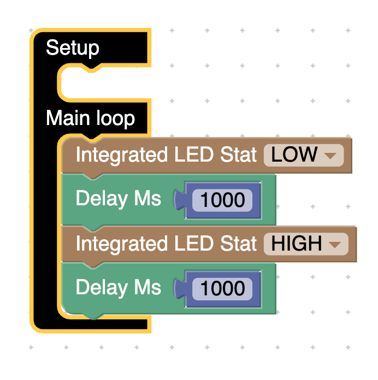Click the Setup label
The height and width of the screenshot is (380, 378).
[73, 48]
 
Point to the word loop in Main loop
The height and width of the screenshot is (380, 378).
[115, 118]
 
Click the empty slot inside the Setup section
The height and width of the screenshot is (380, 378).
[104, 85]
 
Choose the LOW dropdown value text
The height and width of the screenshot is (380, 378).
[294, 155]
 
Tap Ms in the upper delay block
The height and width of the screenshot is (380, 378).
[148, 199]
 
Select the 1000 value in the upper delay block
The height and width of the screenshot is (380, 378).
[222, 200]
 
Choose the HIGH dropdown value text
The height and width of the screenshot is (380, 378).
[297, 244]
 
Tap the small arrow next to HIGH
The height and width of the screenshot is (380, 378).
[335, 244]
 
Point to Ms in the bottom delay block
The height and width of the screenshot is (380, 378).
[148, 288]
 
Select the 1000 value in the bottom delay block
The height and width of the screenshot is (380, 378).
[222, 289]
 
